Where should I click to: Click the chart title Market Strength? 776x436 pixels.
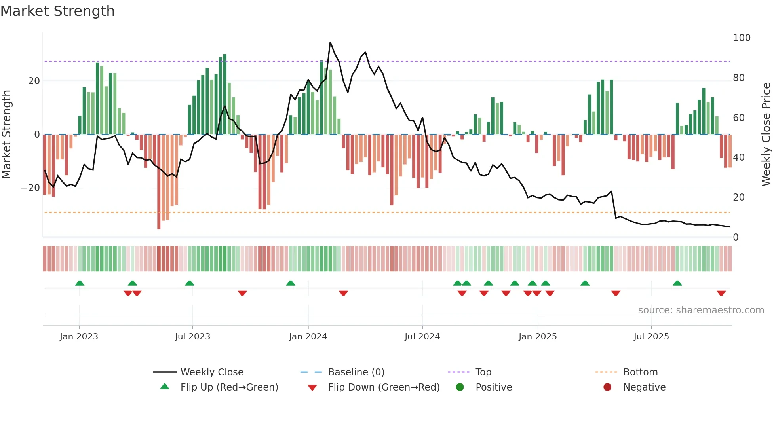(58, 11)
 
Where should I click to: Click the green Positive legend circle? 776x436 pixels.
(460, 387)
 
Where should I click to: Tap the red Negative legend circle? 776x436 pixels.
(607, 387)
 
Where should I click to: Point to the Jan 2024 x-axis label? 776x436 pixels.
(308, 337)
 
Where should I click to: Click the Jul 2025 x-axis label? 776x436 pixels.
(651, 337)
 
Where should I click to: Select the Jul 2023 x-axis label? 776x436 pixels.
(192, 337)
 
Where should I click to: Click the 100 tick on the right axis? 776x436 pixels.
(742, 38)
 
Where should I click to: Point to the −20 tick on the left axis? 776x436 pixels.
(30, 188)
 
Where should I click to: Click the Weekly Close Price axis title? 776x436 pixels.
(766, 135)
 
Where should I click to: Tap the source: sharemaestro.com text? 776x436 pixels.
(701, 310)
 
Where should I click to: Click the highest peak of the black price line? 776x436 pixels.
(330, 42)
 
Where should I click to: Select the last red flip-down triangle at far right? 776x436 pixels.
(721, 293)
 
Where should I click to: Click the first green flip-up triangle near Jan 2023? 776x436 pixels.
(80, 283)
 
